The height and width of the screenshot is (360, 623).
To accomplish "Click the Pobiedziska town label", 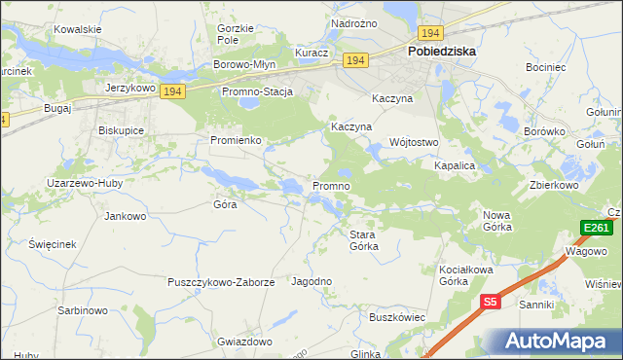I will pyautogui.click(x=441, y=53).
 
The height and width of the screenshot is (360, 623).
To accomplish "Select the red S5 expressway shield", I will pyautogui.click(x=491, y=303).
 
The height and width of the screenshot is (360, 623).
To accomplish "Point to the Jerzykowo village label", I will pyautogui.click(x=130, y=87).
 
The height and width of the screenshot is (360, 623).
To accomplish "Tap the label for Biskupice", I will pyautogui.click(x=122, y=129).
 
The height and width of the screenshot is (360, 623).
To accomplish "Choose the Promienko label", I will pyautogui.click(x=235, y=140).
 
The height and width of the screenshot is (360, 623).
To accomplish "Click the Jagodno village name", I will pyautogui.click(x=312, y=281).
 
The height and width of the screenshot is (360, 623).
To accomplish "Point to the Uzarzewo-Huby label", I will pyautogui.click(x=84, y=183).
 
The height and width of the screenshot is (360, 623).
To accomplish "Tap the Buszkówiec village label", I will pyautogui.click(x=397, y=317).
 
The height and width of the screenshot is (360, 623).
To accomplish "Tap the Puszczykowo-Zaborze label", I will pyautogui.click(x=221, y=282).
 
